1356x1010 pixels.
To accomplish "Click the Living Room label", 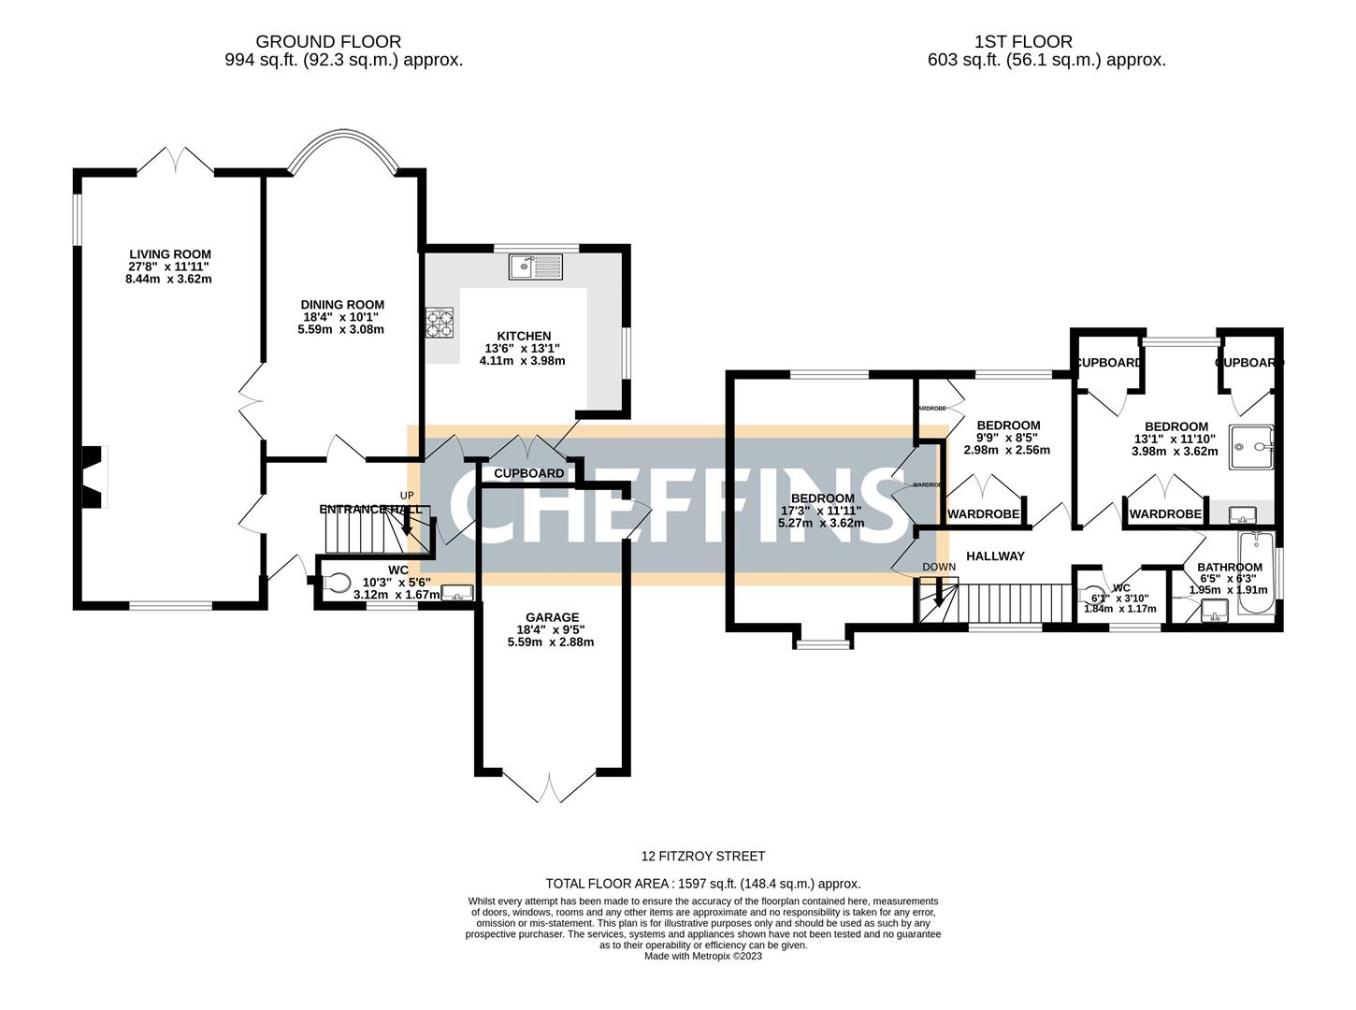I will coord(170,254).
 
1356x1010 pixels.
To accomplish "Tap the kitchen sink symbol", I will coord(536,267).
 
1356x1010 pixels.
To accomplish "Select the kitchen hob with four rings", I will coord(440,323).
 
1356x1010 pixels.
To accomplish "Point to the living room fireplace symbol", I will coord(94,477).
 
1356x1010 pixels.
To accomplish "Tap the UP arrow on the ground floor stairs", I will coord(407,520).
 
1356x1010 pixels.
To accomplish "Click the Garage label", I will coord(552,617).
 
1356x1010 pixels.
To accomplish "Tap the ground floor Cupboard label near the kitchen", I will coord(528,473).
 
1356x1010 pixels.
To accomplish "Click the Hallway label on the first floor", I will coord(995,555).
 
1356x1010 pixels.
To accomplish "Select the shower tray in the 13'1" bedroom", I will coord(1250,446).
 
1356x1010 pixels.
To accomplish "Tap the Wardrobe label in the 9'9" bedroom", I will coord(983,514).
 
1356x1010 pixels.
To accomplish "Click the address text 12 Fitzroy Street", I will coord(702,856).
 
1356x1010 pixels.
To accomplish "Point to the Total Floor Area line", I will coord(702,883).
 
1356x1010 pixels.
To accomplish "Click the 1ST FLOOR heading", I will coord(1023,42).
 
